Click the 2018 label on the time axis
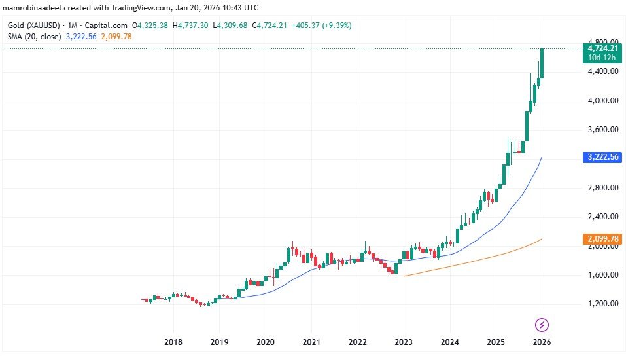(x=173, y=342)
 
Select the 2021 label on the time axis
(x=311, y=342)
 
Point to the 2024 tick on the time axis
(x=449, y=342)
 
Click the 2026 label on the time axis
(x=542, y=342)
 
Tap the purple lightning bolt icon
(x=542, y=324)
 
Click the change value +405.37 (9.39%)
(x=325, y=26)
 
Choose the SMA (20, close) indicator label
(x=32, y=37)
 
